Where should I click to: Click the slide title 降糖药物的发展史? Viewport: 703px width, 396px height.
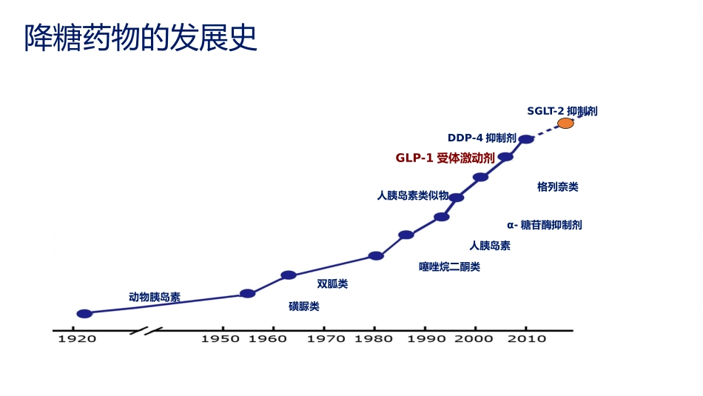(141, 38)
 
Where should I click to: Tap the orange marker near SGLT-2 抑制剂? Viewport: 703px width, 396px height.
(565, 123)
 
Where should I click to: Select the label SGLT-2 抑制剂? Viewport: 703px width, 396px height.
(562, 111)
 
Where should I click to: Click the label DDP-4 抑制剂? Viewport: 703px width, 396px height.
(482, 138)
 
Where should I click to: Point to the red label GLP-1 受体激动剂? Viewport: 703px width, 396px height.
(445, 158)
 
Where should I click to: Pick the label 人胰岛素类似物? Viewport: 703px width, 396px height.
(413, 195)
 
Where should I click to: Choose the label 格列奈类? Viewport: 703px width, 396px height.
(558, 187)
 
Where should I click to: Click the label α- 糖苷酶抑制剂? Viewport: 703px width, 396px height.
(545, 224)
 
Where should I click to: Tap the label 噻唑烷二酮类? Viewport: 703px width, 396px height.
(449, 266)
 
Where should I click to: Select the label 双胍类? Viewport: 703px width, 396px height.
(332, 283)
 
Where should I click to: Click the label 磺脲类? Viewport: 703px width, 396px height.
(304, 306)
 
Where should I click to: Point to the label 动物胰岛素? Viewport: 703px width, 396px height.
(155, 297)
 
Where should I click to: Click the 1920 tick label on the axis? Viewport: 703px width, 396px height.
(77, 339)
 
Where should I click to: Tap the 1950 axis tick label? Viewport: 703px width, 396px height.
(221, 339)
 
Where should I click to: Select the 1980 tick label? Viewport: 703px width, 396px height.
(374, 339)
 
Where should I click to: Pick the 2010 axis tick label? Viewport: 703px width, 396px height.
(526, 339)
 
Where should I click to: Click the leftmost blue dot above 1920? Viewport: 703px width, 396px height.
(84, 314)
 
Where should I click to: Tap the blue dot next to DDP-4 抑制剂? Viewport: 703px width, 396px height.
(525, 139)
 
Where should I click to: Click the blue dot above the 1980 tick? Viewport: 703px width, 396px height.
(376, 256)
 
